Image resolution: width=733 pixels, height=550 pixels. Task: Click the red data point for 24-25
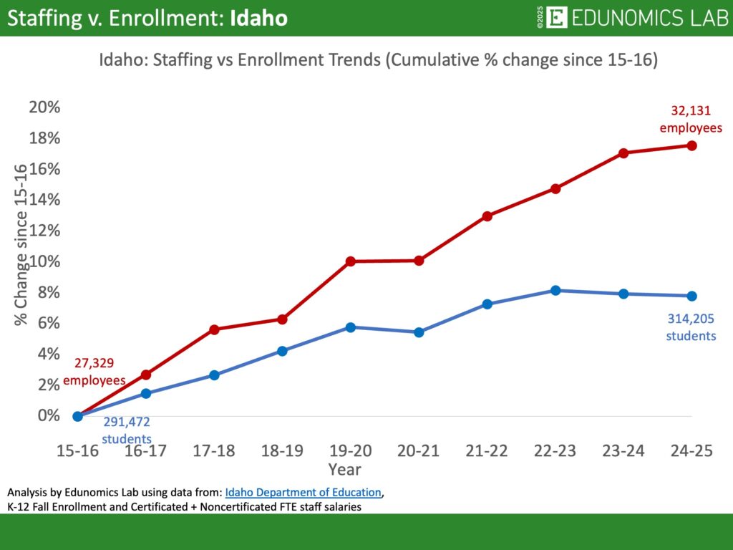[x=691, y=145]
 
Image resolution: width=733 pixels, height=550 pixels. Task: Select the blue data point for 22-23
[x=555, y=290]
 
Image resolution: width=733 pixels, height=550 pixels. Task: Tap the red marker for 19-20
[x=351, y=261]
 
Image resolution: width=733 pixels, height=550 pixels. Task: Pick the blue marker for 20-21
[x=419, y=332]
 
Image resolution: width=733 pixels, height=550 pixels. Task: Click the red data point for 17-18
[x=214, y=329]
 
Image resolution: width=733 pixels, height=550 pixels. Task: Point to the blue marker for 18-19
[x=282, y=351]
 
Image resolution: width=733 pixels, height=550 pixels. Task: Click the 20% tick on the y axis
[x=44, y=107]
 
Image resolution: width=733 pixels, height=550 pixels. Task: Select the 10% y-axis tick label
[x=44, y=261]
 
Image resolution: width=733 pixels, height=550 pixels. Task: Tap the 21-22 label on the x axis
[x=487, y=450]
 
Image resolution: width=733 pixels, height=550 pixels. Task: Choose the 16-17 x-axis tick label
[x=146, y=450]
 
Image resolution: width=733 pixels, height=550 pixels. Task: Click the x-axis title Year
[x=345, y=470]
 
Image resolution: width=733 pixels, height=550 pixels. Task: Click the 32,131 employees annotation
[x=691, y=119]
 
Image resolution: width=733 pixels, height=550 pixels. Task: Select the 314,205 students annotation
[x=691, y=327]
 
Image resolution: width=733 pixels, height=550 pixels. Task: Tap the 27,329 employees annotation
[x=94, y=371]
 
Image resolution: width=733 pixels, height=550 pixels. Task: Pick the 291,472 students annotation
[x=127, y=431]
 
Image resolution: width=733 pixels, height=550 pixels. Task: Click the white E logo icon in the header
[x=556, y=18]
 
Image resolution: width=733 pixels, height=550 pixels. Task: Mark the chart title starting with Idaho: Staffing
[x=378, y=61]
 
